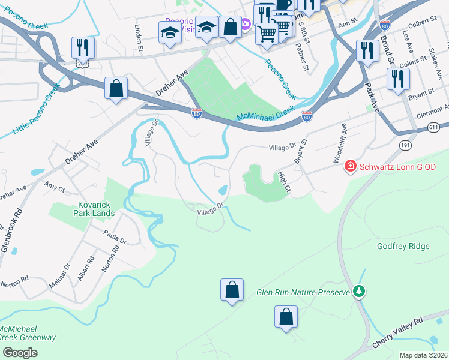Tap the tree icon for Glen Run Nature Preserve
359,291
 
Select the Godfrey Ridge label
403,246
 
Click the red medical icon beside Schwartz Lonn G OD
351,166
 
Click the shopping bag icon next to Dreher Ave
116,88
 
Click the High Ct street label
284,182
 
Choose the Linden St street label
139,37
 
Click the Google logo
20,353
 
